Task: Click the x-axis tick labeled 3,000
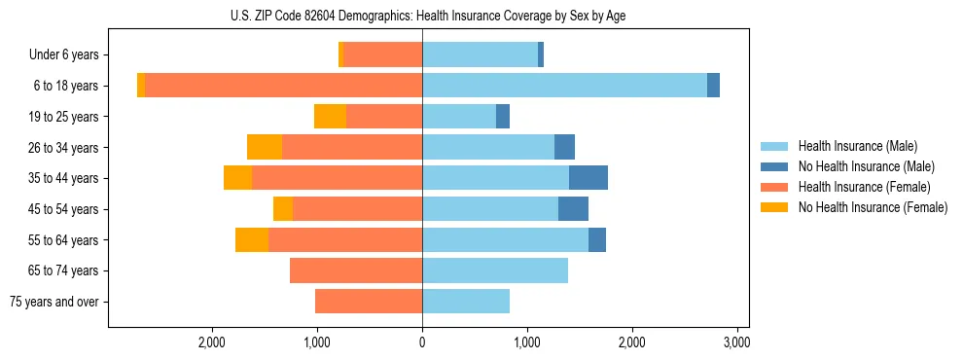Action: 736,343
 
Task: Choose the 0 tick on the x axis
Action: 422,343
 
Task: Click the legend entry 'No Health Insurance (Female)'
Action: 873,207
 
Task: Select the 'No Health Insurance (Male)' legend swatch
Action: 776,166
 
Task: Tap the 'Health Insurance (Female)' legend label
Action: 864,187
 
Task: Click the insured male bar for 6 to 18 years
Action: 564,86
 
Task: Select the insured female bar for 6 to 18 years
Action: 283,86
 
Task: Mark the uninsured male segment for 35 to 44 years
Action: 588,178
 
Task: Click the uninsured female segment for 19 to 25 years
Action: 330,117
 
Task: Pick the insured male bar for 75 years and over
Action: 466,302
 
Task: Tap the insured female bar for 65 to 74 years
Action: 356,270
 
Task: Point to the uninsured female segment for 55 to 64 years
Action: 252,239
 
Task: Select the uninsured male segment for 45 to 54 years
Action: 573,209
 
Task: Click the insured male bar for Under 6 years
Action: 480,54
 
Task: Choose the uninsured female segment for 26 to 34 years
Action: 265,147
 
